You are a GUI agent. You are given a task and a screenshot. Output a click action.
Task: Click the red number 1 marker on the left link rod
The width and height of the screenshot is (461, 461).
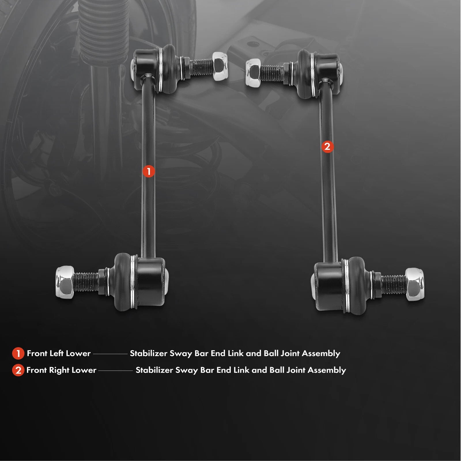tap(149, 171)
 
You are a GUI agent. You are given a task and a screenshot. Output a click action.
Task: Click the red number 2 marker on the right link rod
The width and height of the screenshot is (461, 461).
tap(327, 147)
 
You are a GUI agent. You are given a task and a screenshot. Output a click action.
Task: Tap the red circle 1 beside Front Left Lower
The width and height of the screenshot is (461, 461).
tap(18, 354)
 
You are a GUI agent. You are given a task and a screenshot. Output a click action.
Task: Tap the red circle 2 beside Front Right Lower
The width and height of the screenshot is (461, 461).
tap(18, 370)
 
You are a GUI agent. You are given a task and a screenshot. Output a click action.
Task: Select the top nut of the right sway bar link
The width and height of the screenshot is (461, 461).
tap(253, 72)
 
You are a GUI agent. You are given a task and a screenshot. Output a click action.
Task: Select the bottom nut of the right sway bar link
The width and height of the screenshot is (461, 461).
tap(415, 284)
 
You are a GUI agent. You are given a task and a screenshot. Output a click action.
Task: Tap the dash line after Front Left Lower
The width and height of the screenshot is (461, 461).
tap(110, 354)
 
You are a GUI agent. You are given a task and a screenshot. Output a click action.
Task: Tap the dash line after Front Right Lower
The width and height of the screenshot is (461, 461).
tap(116, 371)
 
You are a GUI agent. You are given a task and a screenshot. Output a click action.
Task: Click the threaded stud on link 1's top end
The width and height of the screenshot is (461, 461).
tap(199, 67)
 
